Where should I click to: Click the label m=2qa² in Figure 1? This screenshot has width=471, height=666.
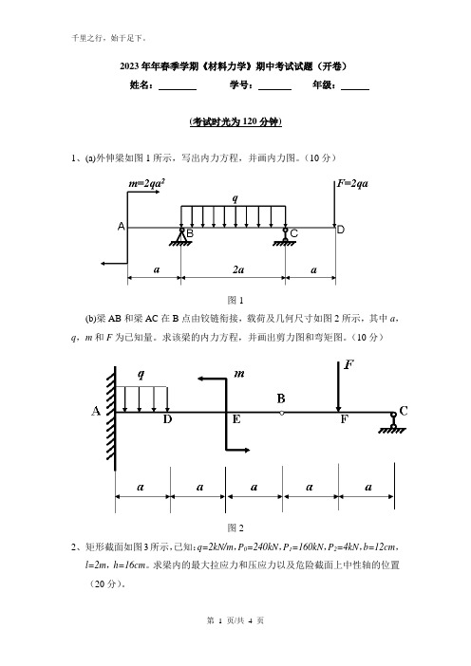[146, 183]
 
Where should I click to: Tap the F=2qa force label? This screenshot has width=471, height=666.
[352, 183]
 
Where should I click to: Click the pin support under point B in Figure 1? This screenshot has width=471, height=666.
[181, 237]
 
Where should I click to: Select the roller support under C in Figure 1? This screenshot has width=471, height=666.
[285, 237]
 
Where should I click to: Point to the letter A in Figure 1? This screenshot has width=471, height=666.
[122, 227]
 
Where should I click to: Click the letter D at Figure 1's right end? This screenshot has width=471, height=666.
[341, 230]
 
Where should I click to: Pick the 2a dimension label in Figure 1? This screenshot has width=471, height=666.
[238, 269]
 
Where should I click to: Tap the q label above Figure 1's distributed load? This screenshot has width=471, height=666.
[235, 198]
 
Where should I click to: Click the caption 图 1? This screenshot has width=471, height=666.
[235, 301]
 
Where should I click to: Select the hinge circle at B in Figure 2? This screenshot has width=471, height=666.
[281, 413]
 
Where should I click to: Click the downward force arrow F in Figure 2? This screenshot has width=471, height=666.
[338, 386]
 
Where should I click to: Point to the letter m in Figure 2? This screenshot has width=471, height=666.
[239, 374]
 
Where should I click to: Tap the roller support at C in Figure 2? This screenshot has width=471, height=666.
[393, 423]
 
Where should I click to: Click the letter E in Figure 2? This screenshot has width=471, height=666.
[236, 419]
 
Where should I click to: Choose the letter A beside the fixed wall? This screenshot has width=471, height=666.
[96, 411]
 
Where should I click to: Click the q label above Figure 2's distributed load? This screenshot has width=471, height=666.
[141, 374]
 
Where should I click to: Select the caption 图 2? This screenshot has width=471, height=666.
[235, 527]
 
